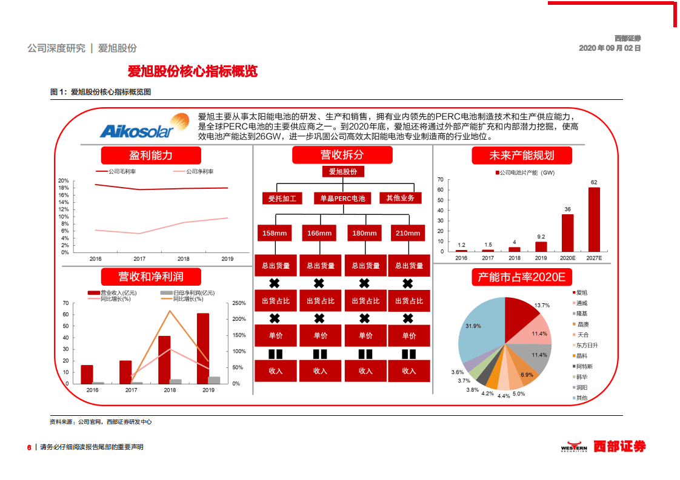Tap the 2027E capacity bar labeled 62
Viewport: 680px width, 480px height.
coord(594,219)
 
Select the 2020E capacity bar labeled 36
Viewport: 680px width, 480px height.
coord(567,232)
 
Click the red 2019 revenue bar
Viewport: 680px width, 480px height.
coord(203,348)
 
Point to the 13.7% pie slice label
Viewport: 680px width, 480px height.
coord(542,306)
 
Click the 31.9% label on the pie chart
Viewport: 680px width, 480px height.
coord(473,326)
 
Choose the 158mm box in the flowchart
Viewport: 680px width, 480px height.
coord(275,233)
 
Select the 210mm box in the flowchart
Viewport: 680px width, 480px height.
coord(408,233)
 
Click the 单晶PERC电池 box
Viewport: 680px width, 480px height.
coord(342,199)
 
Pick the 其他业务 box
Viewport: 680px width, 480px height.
coord(400,198)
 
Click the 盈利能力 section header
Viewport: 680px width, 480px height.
coord(151,156)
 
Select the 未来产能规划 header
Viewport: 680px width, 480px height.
coord(521,156)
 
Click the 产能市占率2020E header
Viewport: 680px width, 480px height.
coord(521,277)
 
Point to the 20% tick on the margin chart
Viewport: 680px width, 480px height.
coord(64,181)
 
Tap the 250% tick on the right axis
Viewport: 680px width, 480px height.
coord(239,303)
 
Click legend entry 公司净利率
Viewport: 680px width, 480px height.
coord(200,172)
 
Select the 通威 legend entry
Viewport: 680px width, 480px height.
coord(582,303)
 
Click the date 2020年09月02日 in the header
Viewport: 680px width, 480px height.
coord(610,48)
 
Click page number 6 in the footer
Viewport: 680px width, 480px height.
coord(29,447)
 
